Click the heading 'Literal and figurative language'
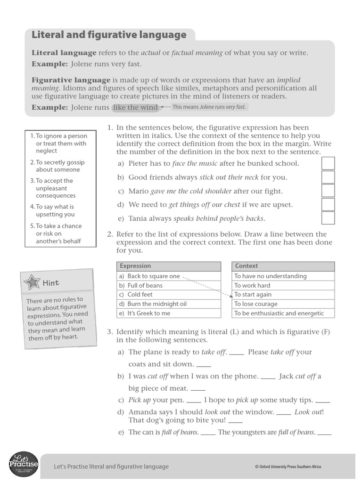108,35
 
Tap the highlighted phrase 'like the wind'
135,107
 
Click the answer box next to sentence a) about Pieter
328,163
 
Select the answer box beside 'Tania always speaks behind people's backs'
328,218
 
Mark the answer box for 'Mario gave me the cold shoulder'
328,191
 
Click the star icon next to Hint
32,282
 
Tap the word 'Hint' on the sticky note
51,283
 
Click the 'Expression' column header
135,266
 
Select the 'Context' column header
247,266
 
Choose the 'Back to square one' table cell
154,276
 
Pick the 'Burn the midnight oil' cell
157,304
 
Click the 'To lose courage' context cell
256,304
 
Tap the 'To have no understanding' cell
270,276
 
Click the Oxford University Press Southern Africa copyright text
288,467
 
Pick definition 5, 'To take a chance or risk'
58,233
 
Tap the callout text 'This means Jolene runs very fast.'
209,107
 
